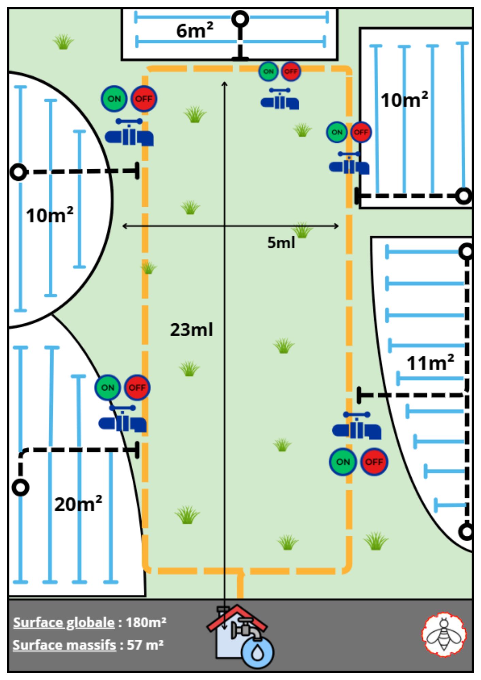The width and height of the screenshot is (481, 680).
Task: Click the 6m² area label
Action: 195,31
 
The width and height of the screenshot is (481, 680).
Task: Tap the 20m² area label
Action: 78,504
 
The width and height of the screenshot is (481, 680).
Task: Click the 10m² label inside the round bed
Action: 50,215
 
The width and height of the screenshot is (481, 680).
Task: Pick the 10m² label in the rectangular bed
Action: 404,100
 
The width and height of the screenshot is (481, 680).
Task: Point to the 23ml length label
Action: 192,329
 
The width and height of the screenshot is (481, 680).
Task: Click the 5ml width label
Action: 281,242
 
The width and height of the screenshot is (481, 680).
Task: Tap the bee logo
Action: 444,634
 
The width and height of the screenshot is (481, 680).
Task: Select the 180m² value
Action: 146,622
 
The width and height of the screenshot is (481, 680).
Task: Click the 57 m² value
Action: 145,645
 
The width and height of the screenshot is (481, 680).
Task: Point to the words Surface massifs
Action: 64,645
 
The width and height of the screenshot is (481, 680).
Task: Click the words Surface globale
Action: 64,623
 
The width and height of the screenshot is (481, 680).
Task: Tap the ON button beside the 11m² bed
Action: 343,462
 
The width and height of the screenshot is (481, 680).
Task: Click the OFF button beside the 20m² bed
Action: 137,388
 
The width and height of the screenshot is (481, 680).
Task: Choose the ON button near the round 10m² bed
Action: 114,99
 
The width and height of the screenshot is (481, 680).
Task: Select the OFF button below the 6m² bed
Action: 291,72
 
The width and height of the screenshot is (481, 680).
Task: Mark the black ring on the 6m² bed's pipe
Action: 240,19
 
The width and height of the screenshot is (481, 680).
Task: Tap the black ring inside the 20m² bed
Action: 21,487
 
